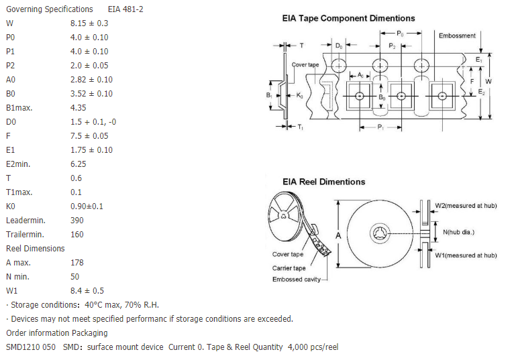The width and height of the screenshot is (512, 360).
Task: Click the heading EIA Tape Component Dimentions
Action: pos(348,18)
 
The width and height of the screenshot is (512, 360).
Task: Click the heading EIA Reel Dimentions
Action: pos(323,182)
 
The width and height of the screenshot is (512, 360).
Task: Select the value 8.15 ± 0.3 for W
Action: pos(89,23)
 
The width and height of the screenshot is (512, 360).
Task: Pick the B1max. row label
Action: pos(19,108)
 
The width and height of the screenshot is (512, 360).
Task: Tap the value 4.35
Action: pos(78,108)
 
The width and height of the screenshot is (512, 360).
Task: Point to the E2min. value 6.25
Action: pos(78,164)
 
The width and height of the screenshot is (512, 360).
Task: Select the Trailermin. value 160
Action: pos(76,235)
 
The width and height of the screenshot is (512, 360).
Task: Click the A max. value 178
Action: pos(76,263)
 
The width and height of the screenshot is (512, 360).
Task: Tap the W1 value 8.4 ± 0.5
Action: pos(87,291)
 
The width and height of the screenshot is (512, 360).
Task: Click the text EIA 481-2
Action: pos(125,9)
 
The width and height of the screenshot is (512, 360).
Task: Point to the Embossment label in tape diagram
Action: pos(457,36)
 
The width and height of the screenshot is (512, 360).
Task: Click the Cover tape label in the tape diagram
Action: pos(305,65)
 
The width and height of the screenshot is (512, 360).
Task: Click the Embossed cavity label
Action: pos(297,280)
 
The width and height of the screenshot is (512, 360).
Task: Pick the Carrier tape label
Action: pos(289,268)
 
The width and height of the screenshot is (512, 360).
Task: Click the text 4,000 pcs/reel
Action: pos(313,347)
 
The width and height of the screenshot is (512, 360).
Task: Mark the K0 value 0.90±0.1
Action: pos(87,206)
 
